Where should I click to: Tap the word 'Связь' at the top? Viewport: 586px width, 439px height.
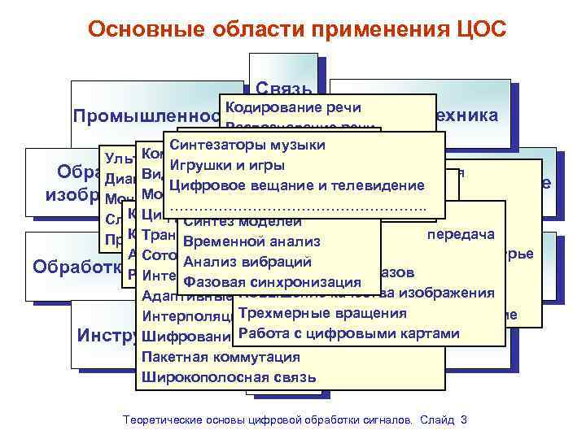(x=282, y=88)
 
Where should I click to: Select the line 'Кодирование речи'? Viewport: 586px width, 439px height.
(x=292, y=108)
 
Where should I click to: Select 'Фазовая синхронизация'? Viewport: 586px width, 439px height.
(x=273, y=282)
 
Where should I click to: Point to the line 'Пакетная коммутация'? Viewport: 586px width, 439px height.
(x=220, y=357)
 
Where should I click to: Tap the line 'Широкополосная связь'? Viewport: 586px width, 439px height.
(x=229, y=377)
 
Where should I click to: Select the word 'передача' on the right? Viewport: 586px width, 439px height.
(x=461, y=235)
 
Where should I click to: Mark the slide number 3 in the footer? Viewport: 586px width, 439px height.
(x=464, y=419)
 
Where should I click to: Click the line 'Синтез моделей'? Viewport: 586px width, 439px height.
(x=231, y=222)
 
